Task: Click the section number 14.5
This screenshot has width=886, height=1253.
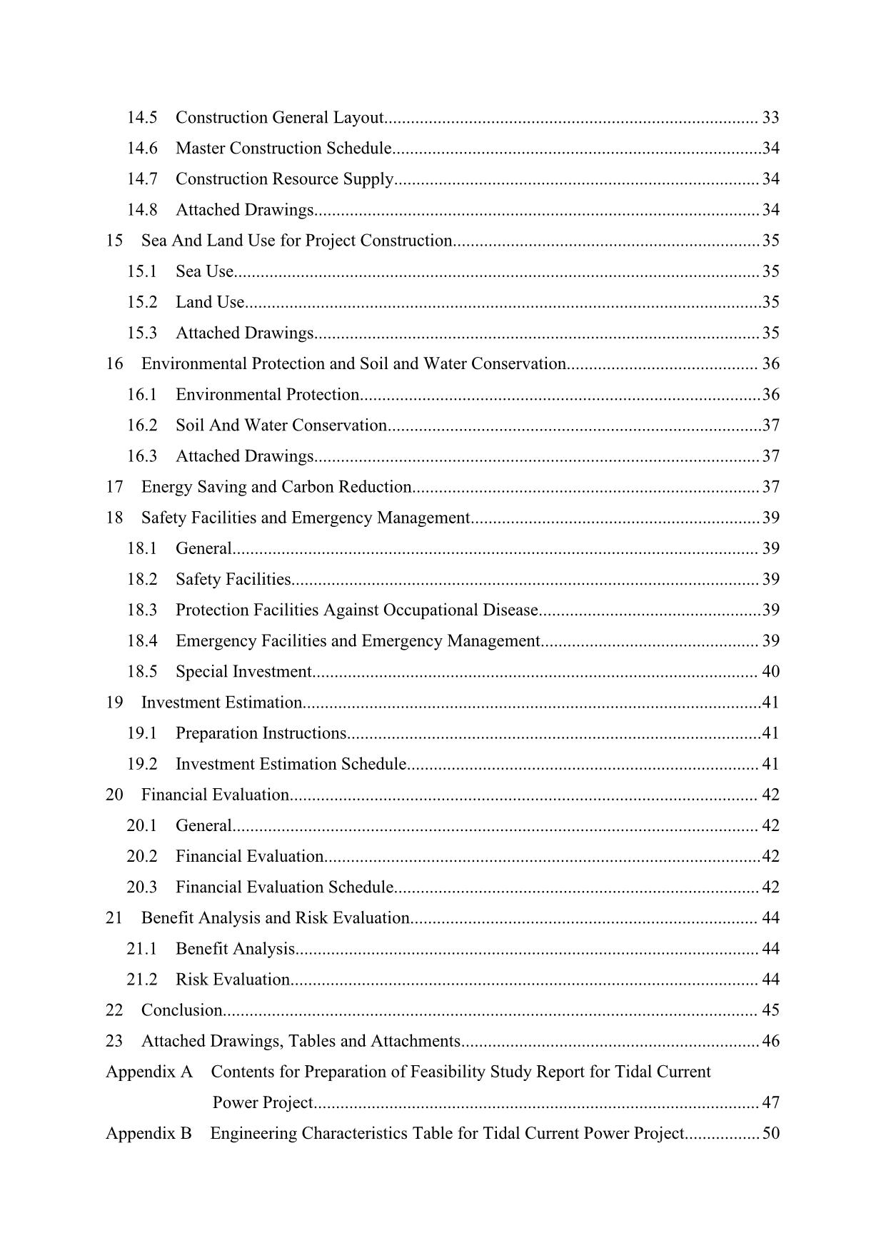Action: click(x=142, y=117)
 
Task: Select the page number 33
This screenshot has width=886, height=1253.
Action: click(x=771, y=117)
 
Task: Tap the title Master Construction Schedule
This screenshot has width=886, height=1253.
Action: click(x=283, y=148)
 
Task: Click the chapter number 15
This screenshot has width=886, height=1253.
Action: click(x=114, y=241)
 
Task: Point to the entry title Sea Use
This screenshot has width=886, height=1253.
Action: click(x=204, y=271)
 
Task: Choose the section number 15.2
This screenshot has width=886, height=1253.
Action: click(x=142, y=302)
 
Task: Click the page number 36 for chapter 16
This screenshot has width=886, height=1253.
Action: click(x=771, y=363)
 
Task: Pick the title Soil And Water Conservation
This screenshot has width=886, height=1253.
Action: click(x=281, y=425)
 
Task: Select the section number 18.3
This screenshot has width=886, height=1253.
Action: click(x=142, y=610)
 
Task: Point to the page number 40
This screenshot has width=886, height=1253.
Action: click(x=771, y=671)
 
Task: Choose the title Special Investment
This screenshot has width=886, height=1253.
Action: click(x=243, y=671)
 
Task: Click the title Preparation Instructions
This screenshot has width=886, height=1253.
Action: click(x=261, y=733)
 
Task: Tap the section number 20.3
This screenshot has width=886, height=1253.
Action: click(x=142, y=887)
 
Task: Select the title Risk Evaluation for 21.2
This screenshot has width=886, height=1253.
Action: click(x=233, y=979)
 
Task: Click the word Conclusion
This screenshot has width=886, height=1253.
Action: click(x=182, y=1010)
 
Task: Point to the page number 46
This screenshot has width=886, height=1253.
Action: click(x=771, y=1040)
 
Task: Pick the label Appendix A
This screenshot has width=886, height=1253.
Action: click(x=149, y=1072)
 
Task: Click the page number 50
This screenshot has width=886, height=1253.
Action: click(x=771, y=1133)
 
